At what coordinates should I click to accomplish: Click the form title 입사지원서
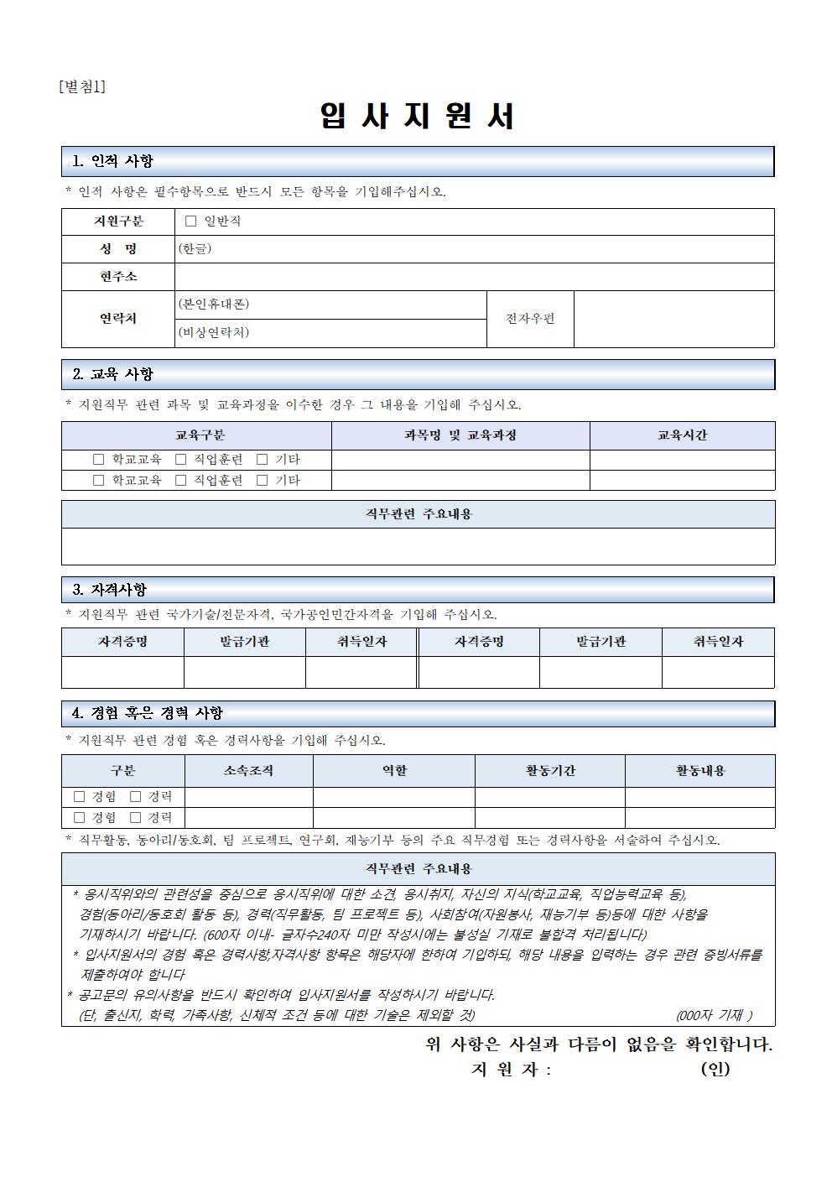pos(417,117)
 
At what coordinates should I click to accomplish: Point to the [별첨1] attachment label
pos(82,86)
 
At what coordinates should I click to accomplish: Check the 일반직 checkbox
pos(190,221)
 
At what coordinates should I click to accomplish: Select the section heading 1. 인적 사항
pos(113,161)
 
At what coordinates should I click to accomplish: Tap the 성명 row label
pos(118,249)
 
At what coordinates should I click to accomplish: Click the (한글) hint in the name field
pos(195,249)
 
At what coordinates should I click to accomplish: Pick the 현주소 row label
pos(118,276)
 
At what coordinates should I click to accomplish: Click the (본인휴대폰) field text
pos(213,304)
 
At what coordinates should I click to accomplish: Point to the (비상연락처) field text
pos(213,332)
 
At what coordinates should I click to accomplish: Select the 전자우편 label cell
pos(530,319)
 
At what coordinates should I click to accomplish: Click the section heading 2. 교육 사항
pos(113,374)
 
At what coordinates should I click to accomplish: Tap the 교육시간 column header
pos(682,435)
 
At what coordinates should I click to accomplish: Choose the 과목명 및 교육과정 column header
pos(460,435)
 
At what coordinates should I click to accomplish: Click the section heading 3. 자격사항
pos(110,590)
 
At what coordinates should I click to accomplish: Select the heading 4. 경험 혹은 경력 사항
pos(148,713)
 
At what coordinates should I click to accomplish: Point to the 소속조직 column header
pos(248,771)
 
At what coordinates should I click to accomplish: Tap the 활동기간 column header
pos(550,771)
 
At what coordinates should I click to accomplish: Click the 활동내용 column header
pos(700,771)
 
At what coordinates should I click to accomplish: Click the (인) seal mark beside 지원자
pos(715,1069)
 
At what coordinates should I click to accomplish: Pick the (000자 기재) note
pos(714,1015)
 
